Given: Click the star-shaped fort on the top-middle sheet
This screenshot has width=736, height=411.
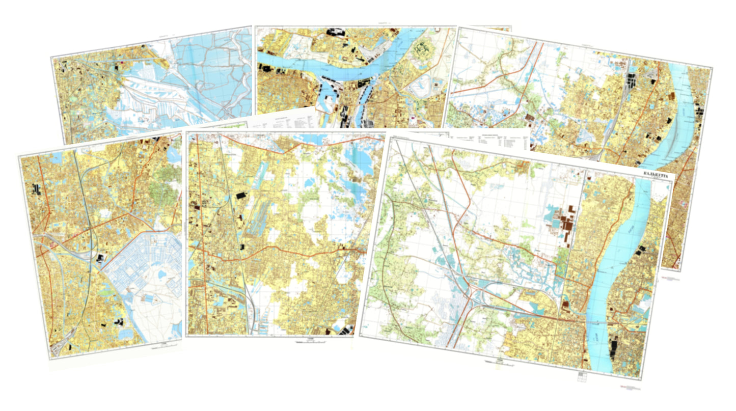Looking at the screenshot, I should point(422,50).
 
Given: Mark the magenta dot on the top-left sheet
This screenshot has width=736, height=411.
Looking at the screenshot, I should point(122,63).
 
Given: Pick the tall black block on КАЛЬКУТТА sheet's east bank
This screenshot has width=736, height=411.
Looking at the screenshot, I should point(614,351).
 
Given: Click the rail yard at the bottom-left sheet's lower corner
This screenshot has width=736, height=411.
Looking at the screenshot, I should point(61,346).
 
